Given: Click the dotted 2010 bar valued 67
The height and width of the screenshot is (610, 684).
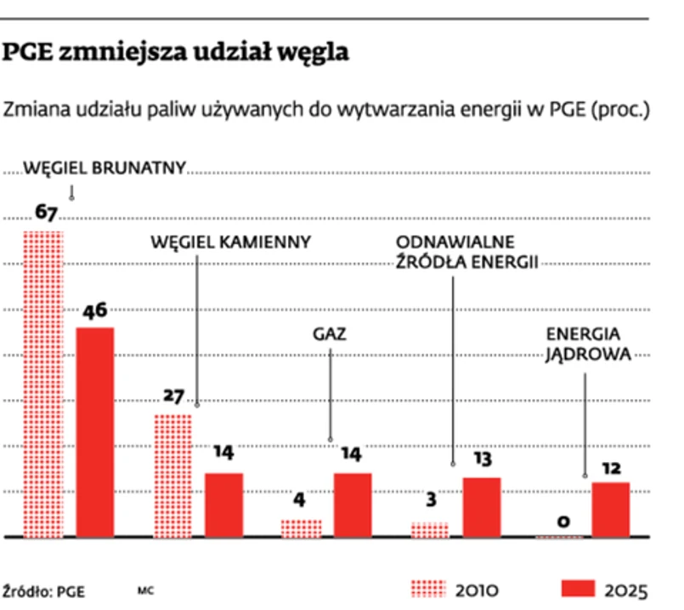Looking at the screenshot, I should pyautogui.click(x=42, y=383).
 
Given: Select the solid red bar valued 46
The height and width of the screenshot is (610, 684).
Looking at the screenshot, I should pyautogui.click(x=95, y=432).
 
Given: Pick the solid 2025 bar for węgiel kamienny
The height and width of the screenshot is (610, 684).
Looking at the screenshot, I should pyautogui.click(x=223, y=505).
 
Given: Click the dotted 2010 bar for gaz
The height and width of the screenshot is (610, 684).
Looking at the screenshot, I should pyautogui.click(x=301, y=528).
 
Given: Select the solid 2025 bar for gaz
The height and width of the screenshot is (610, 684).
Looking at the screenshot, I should pyautogui.click(x=353, y=505).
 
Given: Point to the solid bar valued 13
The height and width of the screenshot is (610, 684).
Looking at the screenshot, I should pyautogui.click(x=482, y=507).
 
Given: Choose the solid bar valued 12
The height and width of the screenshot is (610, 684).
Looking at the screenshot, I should pyautogui.click(x=610, y=510).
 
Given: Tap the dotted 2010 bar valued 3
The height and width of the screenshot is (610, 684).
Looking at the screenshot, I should pyautogui.click(x=430, y=530).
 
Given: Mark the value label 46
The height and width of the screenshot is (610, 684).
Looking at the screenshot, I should pyautogui.click(x=94, y=311).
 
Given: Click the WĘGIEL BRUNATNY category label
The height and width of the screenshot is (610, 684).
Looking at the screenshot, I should pyautogui.click(x=104, y=168).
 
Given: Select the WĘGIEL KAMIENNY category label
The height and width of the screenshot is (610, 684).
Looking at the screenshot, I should pyautogui.click(x=231, y=242).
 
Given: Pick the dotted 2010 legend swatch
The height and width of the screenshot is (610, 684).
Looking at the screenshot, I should pyautogui.click(x=427, y=589).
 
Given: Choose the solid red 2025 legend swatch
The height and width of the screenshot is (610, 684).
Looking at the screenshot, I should pyautogui.click(x=578, y=589).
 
